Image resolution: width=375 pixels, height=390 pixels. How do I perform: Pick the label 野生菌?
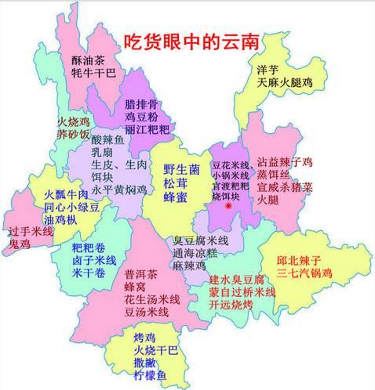(x=180, y=169)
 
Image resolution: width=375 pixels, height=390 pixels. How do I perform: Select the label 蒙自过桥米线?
(x=242, y=292)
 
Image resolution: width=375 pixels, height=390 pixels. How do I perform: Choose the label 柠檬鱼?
(x=147, y=375)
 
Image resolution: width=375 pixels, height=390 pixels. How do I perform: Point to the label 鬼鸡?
(x=20, y=245)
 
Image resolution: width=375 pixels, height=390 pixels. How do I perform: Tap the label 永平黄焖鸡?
(x=118, y=189)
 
